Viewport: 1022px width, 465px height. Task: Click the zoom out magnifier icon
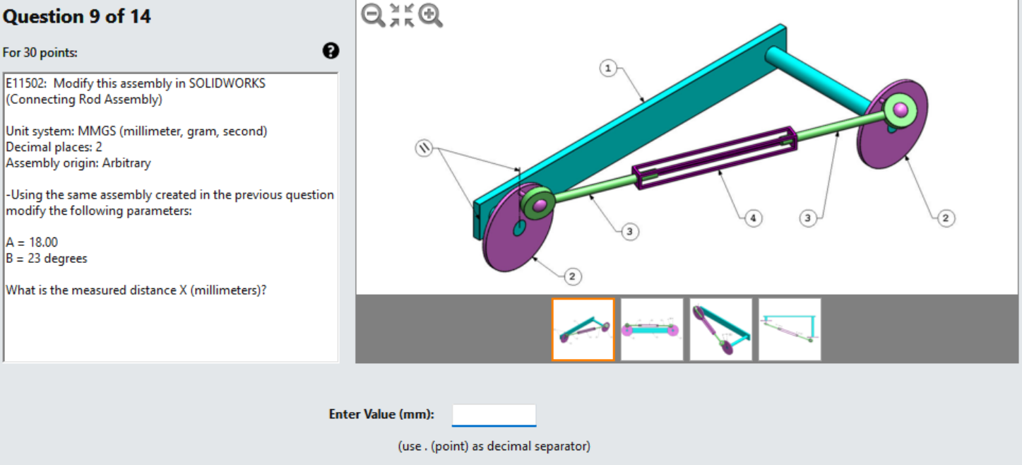tap(372, 15)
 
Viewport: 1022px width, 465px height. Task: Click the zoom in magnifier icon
tap(430, 15)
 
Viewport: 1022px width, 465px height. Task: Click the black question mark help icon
tap(330, 51)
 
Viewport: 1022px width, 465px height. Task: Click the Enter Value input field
tap(494, 415)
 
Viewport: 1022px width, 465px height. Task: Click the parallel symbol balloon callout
tap(423, 148)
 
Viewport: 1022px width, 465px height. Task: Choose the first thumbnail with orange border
tap(583, 329)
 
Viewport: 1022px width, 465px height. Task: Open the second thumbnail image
tap(652, 329)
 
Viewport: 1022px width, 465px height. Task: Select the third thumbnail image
tap(720, 329)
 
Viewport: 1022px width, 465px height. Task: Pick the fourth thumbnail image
tap(790, 329)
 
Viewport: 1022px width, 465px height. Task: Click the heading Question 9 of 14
tap(76, 17)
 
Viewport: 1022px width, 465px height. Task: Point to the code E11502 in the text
tap(27, 83)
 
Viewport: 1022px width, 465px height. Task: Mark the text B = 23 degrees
tap(47, 259)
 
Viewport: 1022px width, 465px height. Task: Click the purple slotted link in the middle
tap(713, 157)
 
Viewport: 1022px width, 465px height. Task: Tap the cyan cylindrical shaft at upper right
tap(819, 77)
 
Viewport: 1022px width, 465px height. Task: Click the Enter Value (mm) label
tap(381, 415)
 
